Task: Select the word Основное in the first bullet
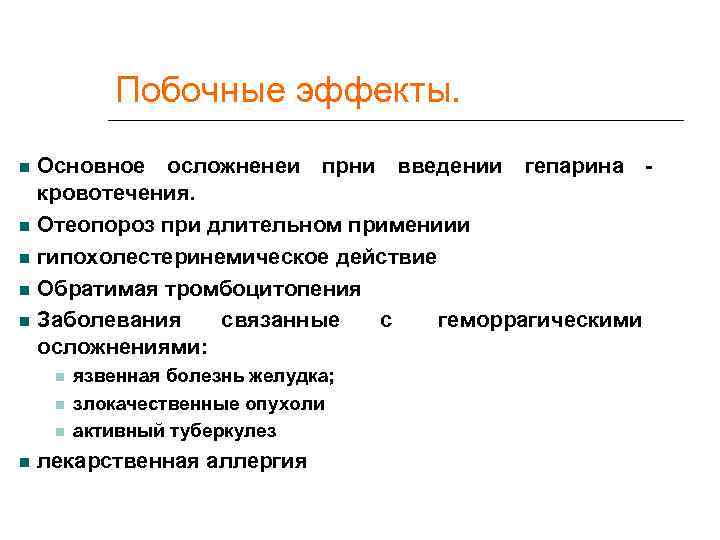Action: [x=90, y=165]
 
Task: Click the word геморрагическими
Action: [x=540, y=321]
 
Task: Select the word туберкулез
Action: [x=228, y=431]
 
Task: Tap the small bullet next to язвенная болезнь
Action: [x=61, y=377]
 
